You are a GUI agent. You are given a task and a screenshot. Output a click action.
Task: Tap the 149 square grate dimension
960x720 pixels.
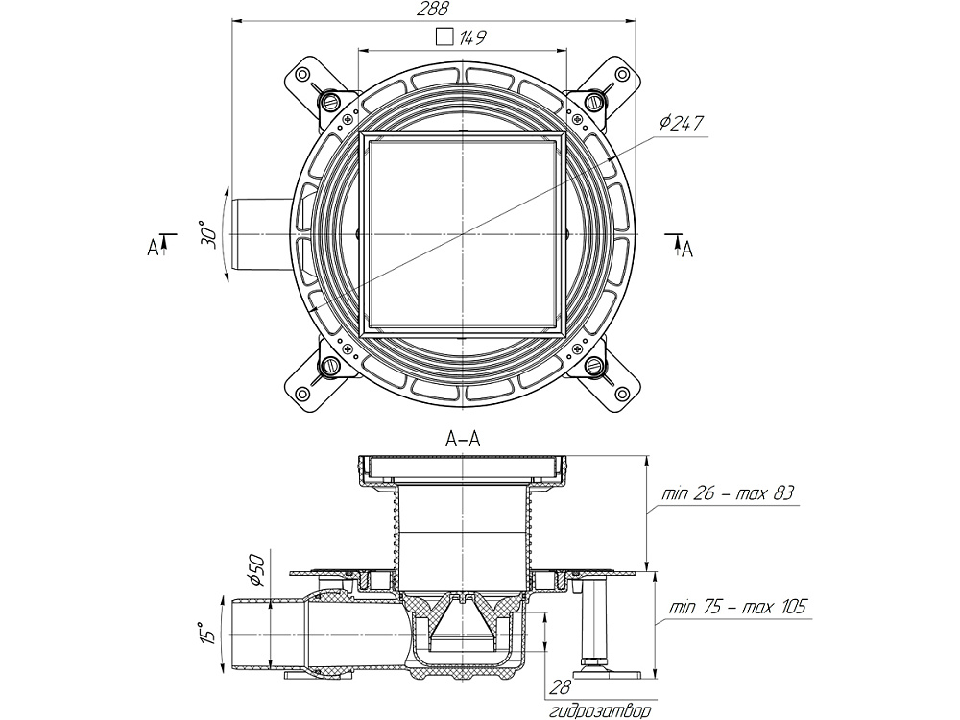(471, 38)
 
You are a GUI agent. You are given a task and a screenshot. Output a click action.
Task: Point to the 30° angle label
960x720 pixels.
(206, 235)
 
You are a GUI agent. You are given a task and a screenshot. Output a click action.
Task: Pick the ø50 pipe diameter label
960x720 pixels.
(256, 570)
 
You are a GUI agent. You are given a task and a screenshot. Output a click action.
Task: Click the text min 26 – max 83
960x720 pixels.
(730, 494)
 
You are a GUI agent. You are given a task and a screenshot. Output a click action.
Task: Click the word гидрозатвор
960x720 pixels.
(600, 711)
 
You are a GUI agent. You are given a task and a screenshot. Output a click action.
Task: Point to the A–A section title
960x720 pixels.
(463, 439)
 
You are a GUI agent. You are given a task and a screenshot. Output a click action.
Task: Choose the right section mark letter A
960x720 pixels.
(687, 249)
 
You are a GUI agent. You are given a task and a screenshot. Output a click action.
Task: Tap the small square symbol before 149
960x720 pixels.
(443, 37)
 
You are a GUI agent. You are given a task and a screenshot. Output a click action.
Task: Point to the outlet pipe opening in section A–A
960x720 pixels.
(236, 633)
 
